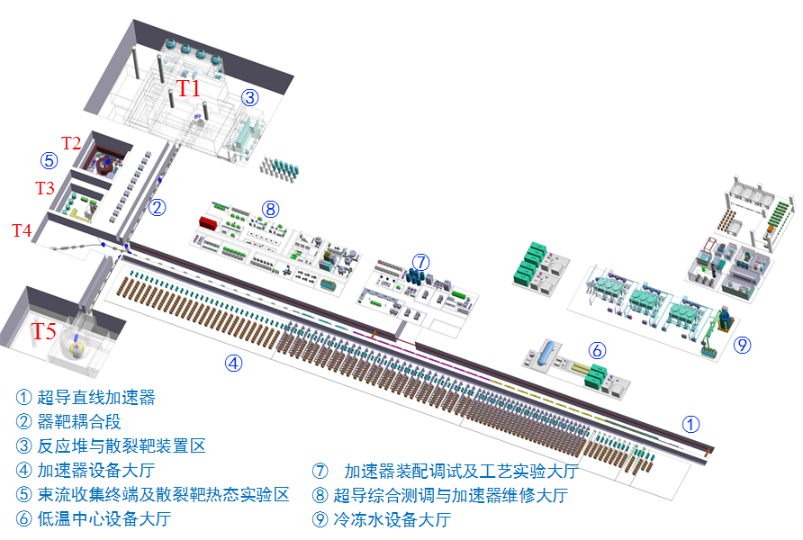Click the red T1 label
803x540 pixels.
click(x=188, y=87)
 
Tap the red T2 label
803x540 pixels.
click(x=71, y=142)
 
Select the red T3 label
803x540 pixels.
click(x=45, y=188)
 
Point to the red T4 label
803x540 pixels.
click(x=22, y=230)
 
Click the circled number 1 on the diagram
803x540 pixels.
click(x=690, y=423)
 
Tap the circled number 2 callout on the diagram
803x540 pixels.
click(x=158, y=208)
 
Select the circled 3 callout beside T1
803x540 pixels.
click(x=249, y=98)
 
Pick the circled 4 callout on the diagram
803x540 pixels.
click(x=233, y=364)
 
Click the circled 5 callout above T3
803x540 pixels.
click(x=49, y=161)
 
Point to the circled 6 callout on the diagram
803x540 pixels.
click(x=597, y=350)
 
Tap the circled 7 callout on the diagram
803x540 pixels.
click(x=420, y=262)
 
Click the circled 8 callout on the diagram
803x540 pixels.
click(x=270, y=209)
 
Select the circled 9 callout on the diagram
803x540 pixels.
click(x=742, y=343)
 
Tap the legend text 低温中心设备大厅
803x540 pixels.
click(x=104, y=518)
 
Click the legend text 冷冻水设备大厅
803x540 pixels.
click(x=392, y=519)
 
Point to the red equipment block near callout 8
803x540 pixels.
click(x=209, y=222)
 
